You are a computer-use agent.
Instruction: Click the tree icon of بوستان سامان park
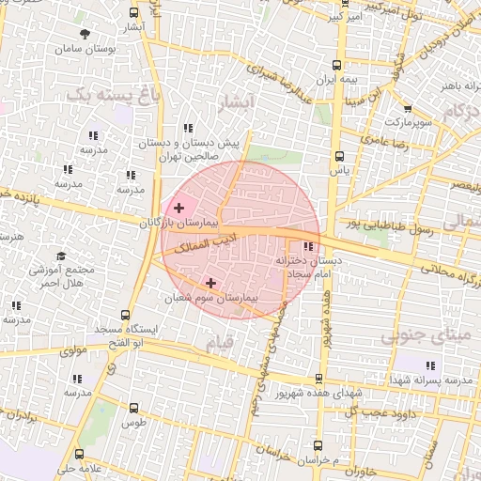[x=85, y=34]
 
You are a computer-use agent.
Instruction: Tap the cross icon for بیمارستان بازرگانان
[x=178, y=207]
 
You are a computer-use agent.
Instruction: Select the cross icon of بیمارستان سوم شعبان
[x=210, y=282]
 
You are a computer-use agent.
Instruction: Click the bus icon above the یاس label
[x=339, y=157]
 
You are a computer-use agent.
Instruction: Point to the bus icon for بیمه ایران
[x=336, y=66]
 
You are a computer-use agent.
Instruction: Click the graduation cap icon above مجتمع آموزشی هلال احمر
[x=61, y=256]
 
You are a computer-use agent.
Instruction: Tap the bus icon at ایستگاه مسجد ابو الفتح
[x=126, y=317]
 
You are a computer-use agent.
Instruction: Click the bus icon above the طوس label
[x=133, y=409]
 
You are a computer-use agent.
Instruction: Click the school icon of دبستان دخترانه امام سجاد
[x=307, y=247]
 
